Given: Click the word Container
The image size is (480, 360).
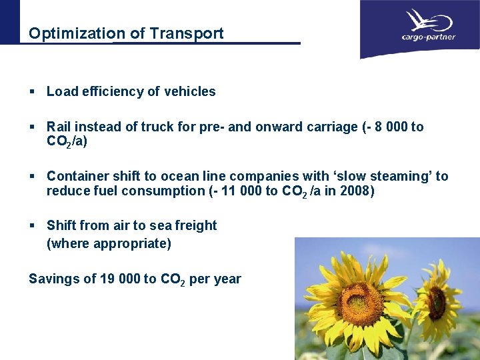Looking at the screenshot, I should point(75,176).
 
